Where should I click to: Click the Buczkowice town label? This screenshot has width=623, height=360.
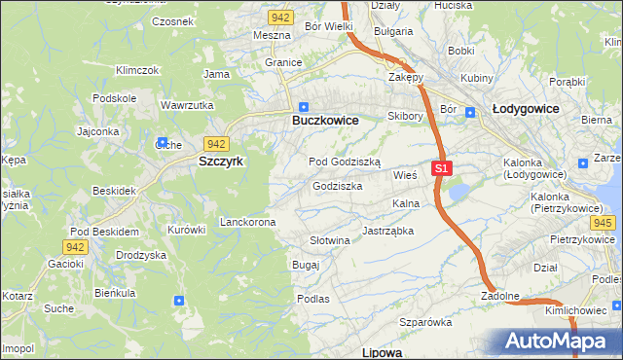coord(325,120)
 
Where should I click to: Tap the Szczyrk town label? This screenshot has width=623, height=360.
coord(221,162)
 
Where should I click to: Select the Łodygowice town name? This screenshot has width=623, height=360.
coord(526,109)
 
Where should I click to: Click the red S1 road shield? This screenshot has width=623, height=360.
coord(442,168)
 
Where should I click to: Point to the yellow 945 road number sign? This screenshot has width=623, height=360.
coord(603,223)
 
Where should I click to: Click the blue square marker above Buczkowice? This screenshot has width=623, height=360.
coord(304,107)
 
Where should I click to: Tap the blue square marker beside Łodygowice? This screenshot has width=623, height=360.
coord(470,112)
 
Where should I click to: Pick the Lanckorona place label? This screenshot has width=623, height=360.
coord(247,222)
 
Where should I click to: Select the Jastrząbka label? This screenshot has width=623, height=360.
coord(387,232)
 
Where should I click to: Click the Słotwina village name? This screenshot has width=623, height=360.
coord(329,240)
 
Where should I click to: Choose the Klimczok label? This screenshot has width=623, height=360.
coord(137,70)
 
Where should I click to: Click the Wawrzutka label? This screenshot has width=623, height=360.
coord(187,104)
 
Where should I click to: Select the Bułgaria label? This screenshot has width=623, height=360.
coord(393,31)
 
